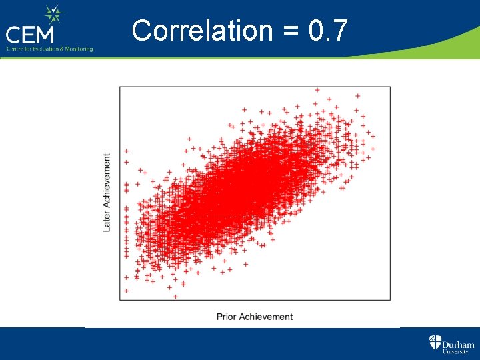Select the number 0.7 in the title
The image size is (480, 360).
coord(329,31)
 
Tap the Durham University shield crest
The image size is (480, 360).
coord(435,343)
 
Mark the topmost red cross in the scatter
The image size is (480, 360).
coord(317,89)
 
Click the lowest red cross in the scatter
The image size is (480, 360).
coord(175,297)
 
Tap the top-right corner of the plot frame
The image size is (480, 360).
coord(391,86)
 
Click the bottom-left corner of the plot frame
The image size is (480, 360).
coord(120,301)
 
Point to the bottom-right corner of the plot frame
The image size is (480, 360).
coord(391,301)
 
